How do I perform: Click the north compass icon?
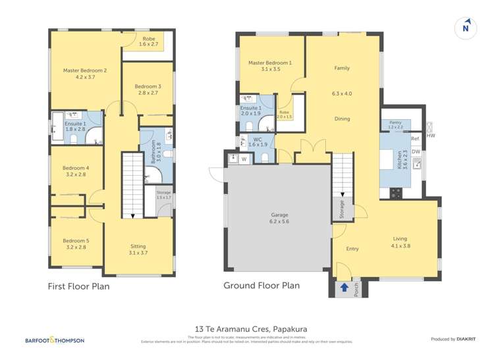tap(466, 27)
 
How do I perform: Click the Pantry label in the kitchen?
tap(395, 124)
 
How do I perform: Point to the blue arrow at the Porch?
tap(344, 287)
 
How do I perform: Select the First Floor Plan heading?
tap(78, 286)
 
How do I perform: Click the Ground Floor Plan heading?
tap(261, 286)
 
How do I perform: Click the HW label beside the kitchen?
tap(431, 136)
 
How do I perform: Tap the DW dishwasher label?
tap(415, 151)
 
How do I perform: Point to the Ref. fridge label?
tap(415, 139)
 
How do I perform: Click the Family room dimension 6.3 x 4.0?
tap(342, 93)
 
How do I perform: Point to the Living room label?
tap(400, 239)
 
